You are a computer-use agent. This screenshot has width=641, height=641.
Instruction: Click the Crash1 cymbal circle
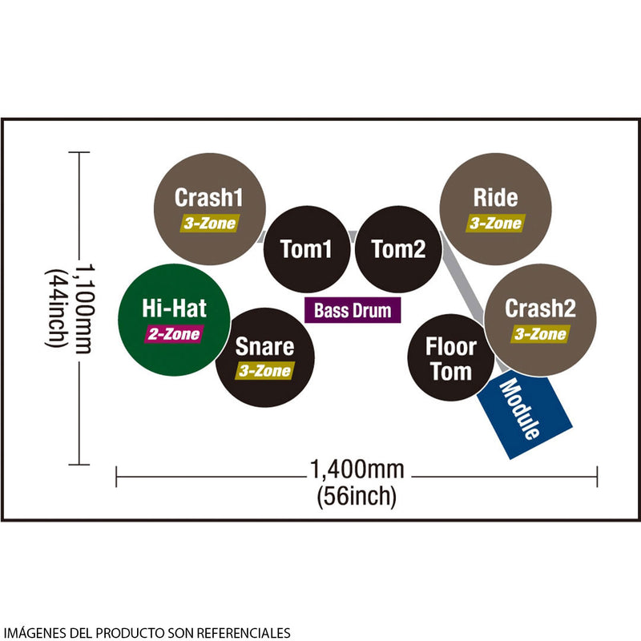210,209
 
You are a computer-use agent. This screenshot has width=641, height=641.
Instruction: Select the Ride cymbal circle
495,209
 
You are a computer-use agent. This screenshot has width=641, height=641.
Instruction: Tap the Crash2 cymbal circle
540,320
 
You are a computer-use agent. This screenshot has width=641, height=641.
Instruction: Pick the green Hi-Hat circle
174,320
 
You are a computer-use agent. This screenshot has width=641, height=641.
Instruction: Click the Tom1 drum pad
307,249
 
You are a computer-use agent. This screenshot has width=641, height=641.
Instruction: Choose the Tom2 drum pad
398,249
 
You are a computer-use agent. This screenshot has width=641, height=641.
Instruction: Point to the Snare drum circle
265,357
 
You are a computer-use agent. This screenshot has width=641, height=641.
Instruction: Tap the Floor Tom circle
451,357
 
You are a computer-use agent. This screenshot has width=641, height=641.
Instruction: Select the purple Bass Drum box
353,310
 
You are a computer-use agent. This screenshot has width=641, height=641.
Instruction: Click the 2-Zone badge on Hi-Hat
174,334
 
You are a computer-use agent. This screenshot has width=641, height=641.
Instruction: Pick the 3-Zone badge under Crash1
210,224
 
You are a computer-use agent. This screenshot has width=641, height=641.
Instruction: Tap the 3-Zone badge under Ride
495,224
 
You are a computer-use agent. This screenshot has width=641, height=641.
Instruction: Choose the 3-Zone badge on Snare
265,370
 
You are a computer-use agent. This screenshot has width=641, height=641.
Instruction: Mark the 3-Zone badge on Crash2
540,334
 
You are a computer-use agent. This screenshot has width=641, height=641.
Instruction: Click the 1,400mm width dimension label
357,470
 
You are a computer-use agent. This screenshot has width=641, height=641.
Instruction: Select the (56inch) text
357,496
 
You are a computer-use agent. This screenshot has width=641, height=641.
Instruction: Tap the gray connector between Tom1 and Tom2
353,236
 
